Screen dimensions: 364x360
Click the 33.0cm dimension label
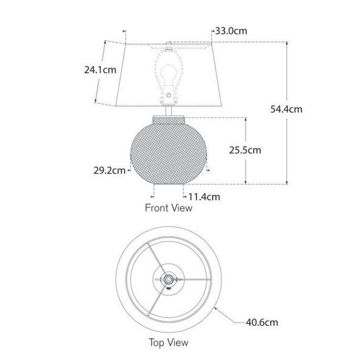click(x=231, y=31)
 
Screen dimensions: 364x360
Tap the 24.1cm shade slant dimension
click(x=100, y=70)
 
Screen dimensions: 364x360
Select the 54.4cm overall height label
click(x=286, y=109)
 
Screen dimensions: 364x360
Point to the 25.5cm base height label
click(x=245, y=150)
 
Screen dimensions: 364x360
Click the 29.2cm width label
click(x=109, y=171)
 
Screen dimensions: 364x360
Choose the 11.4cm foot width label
click(x=204, y=197)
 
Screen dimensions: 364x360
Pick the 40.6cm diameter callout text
click(x=262, y=322)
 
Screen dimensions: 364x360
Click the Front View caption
click(x=169, y=208)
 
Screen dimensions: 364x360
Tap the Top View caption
click(x=169, y=342)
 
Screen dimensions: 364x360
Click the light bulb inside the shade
click(x=169, y=74)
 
